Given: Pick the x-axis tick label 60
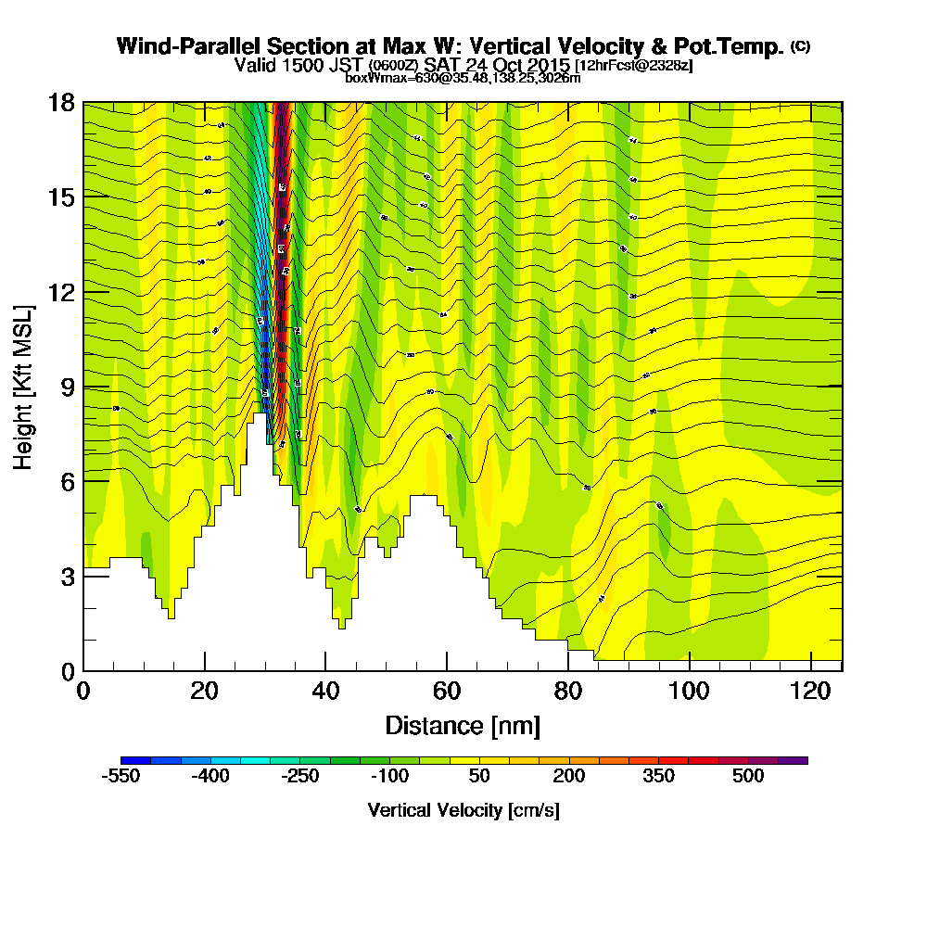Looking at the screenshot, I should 447,692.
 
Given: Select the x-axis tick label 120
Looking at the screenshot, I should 810,692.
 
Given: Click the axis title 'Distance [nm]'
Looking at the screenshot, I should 463,725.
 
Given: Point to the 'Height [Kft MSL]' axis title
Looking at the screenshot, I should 23,386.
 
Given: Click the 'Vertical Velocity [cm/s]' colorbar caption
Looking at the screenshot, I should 463,810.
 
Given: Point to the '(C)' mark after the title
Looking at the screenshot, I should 800,46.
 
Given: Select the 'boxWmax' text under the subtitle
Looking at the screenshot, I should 370,78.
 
